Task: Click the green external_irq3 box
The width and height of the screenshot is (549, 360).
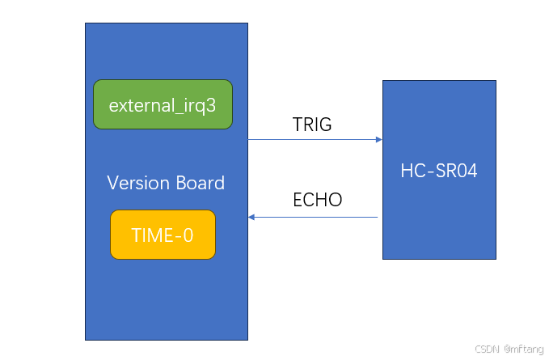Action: (x=163, y=104)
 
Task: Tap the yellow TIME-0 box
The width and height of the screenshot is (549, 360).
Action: (x=163, y=235)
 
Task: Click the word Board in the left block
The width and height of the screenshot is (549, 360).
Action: (x=201, y=183)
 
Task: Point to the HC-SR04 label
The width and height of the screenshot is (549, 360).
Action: (x=439, y=171)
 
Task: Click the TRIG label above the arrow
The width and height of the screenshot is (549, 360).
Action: (x=312, y=125)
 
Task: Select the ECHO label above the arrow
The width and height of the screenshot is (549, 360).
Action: (x=318, y=200)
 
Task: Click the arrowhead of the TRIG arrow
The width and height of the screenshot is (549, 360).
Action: (x=379, y=139)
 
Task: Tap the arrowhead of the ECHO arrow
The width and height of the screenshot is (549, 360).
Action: (x=251, y=217)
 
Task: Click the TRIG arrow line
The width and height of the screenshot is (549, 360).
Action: (x=315, y=139)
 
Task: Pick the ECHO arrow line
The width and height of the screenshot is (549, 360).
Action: (x=313, y=217)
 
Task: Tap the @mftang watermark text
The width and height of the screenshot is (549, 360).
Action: (x=524, y=349)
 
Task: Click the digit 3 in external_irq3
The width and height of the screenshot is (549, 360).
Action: (x=211, y=105)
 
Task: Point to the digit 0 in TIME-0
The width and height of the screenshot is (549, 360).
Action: (x=188, y=235)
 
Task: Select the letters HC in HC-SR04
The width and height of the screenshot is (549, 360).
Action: (x=412, y=171)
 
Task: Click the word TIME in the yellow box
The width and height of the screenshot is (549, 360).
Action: (x=152, y=235)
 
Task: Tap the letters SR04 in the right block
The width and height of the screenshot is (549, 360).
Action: (x=456, y=171)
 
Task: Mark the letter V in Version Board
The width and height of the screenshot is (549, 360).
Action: (x=112, y=183)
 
